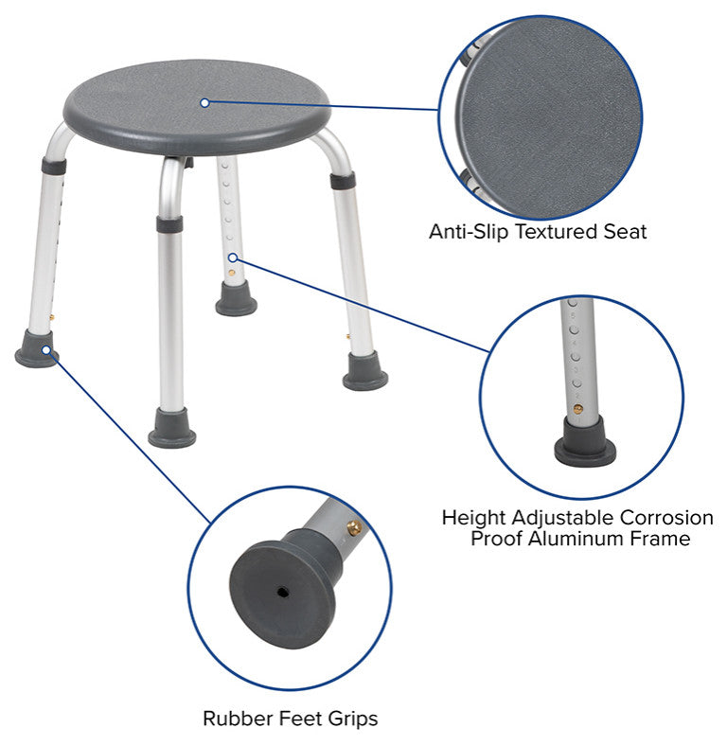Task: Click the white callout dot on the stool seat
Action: coord(204,103)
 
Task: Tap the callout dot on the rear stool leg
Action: coord(233,258)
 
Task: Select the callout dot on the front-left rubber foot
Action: coord(46,350)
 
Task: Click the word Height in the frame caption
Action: coord(474,518)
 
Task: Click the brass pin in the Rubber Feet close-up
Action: coord(354,527)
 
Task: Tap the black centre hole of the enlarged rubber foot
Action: coord(283,592)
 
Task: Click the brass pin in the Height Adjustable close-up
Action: coord(578,409)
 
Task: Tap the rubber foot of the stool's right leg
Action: coord(365,371)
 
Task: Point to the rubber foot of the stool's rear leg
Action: coord(236,299)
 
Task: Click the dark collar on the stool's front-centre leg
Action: coord(169,224)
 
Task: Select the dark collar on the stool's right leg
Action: coord(343,181)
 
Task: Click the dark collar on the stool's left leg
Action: coord(54,166)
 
